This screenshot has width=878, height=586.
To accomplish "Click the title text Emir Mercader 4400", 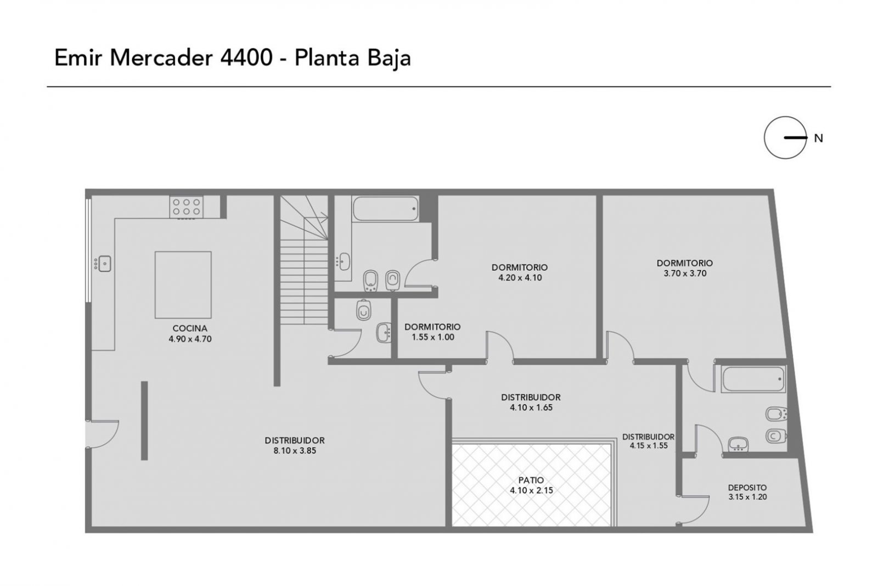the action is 163,58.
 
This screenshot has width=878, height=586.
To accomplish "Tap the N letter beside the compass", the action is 818,138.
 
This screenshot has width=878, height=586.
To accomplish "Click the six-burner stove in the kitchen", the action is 186,207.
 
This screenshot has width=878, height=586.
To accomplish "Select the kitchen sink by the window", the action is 104,264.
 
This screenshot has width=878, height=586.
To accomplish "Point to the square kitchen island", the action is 183,285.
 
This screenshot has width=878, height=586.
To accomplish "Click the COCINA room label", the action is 190,328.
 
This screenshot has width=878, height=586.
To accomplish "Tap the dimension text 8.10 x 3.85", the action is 295,451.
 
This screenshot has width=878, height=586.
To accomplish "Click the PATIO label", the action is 531,480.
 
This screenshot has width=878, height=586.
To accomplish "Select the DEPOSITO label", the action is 747,488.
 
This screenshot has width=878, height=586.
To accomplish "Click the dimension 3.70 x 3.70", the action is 685,274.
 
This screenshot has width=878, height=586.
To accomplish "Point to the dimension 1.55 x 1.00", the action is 433,337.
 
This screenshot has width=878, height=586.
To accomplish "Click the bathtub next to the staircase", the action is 385,209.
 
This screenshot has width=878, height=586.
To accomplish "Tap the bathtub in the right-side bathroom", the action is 753,379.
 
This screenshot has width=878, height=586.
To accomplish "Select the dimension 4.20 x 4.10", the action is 520,278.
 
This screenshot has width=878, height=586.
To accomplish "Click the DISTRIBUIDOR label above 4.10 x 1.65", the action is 531,397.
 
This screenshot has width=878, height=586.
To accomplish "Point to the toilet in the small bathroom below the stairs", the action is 364,310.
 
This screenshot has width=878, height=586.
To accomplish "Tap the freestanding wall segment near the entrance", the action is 144,421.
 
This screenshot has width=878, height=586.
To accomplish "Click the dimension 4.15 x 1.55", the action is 649,445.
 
